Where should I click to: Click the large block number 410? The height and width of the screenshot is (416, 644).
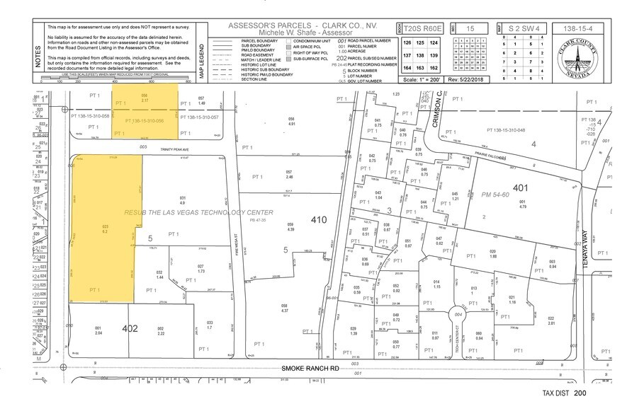[319, 220]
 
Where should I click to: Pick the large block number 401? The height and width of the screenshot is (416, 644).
[521, 188]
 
